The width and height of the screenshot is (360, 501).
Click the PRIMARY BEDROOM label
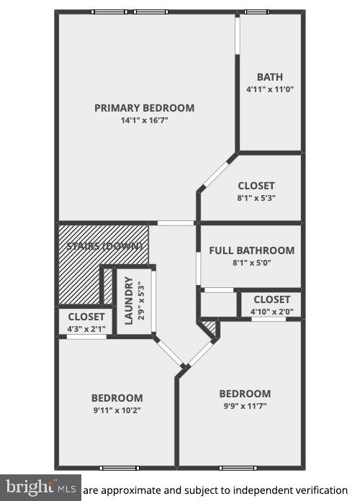[x=144, y=108]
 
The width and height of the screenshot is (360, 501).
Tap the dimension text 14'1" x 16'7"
[x=144, y=120]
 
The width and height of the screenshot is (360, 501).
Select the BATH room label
[x=270, y=77]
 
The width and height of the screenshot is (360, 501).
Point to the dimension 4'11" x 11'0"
[x=270, y=89]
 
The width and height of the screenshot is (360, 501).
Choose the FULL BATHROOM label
[x=251, y=250]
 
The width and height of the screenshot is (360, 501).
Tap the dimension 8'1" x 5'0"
[x=251, y=263]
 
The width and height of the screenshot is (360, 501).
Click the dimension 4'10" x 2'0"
[x=271, y=312]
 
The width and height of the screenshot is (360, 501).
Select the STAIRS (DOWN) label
[x=104, y=246]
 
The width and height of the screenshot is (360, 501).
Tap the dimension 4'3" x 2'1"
[x=86, y=329]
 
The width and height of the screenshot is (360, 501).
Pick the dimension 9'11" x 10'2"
[x=117, y=410]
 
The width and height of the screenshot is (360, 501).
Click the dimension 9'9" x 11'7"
[x=245, y=406]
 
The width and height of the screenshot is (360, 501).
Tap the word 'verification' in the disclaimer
[x=315, y=489]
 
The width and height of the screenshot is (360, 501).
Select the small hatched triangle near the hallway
[x=210, y=329]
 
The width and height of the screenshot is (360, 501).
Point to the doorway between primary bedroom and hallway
[x=175, y=223]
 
